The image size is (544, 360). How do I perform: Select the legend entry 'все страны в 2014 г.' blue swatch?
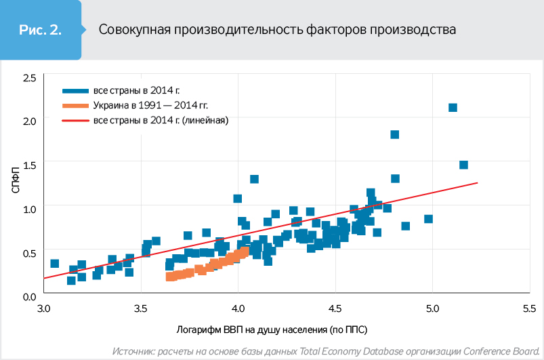coord(75,90)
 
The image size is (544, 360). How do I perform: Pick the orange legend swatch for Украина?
coord(75,106)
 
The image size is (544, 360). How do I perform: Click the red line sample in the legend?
coord(75,121)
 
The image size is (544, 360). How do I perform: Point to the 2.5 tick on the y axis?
coord(30,79)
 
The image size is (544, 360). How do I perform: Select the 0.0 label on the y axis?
coord(30,296)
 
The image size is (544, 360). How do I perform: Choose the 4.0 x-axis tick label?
coord(238,309)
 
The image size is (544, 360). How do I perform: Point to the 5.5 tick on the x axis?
coord(529,309)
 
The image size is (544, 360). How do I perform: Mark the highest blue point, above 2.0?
coord(453,108)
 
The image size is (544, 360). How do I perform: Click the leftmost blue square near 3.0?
coord(55,263)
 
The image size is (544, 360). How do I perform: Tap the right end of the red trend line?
coord(478,182)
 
